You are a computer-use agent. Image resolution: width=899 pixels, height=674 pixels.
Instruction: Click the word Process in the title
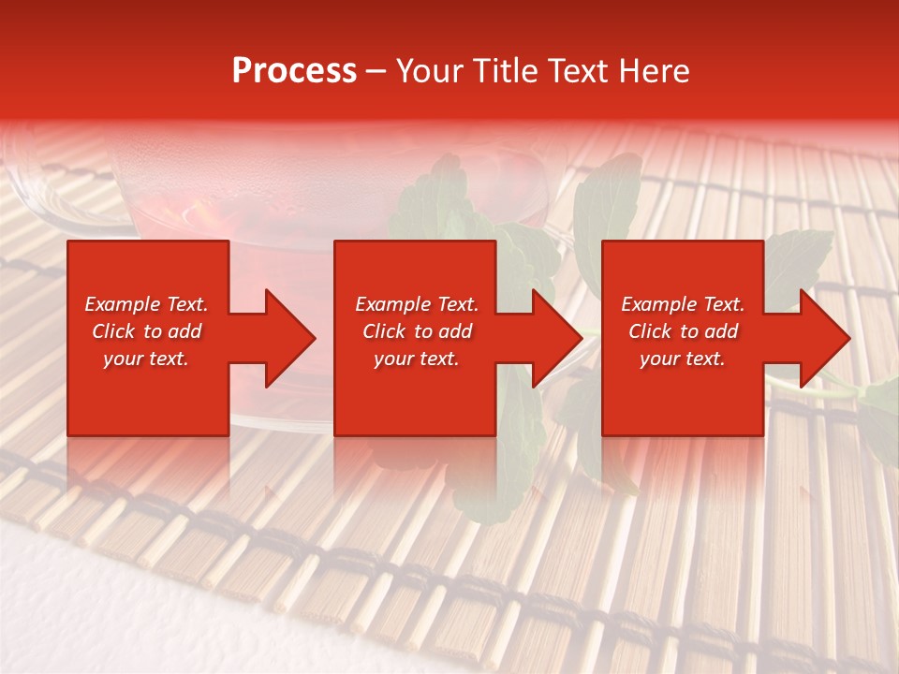[x=294, y=71]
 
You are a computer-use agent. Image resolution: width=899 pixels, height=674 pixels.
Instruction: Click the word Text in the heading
[x=578, y=71]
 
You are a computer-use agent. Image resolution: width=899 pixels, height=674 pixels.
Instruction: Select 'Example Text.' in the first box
[x=146, y=304]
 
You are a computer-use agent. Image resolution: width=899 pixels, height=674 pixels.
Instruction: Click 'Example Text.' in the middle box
[x=416, y=304]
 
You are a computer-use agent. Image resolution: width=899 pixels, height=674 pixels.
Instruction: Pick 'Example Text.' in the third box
[x=683, y=304]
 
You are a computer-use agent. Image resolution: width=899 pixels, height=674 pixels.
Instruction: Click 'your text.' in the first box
[x=146, y=359]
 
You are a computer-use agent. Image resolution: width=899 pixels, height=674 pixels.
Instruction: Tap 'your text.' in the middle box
[x=416, y=359]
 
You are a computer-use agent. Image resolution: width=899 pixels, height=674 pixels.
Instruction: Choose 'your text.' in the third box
[x=683, y=359]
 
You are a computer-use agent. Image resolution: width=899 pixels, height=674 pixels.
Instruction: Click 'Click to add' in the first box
[x=146, y=331]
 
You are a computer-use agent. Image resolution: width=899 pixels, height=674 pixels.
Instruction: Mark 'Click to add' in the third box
[x=683, y=331]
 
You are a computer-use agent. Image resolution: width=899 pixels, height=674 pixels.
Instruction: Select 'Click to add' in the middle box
[x=416, y=331]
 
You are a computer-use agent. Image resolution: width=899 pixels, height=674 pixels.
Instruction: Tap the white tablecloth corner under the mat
[x=56, y=608]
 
